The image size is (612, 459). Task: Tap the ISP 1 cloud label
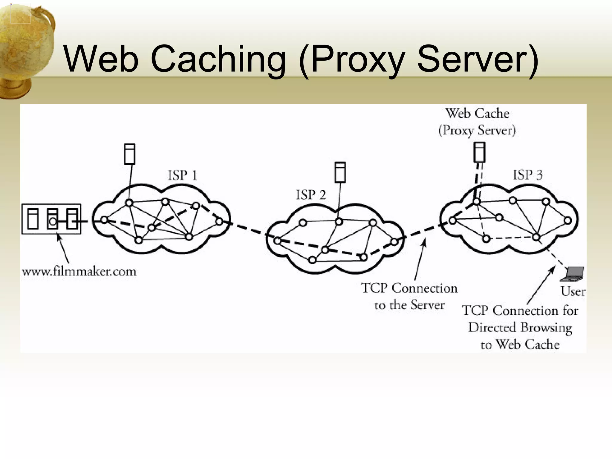pyautogui.click(x=182, y=175)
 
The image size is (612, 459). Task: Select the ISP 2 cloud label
pyautogui.click(x=311, y=195)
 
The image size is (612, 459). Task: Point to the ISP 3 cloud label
pyautogui.click(x=527, y=175)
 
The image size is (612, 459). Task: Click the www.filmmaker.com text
pyautogui.click(x=79, y=271)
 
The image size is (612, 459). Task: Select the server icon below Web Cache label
pyautogui.click(x=479, y=152)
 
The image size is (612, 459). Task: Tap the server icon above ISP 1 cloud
pyautogui.click(x=129, y=154)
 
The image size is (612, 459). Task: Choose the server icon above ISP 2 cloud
pyautogui.click(x=340, y=172)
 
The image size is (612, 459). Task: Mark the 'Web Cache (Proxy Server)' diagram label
pyautogui.click(x=477, y=122)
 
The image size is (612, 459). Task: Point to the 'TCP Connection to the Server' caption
pyautogui.click(x=409, y=296)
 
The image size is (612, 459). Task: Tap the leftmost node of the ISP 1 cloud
pyautogui.click(x=104, y=220)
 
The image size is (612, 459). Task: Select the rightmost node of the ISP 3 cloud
pyautogui.click(x=568, y=221)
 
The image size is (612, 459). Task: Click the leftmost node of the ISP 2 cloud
pyautogui.click(x=277, y=241)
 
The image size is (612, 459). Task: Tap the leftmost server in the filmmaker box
pyautogui.click(x=33, y=219)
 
